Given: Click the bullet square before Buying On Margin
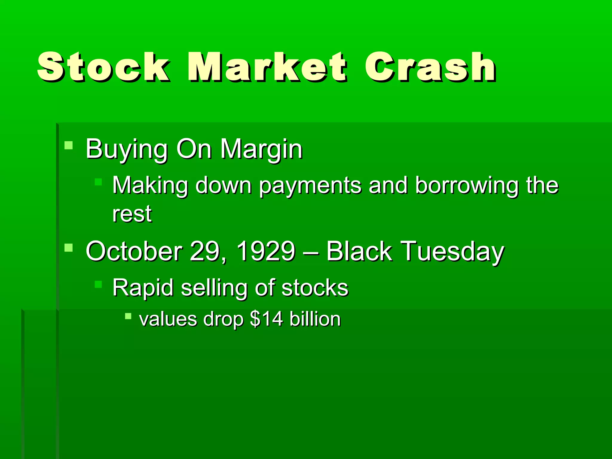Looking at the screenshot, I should pos(69,146).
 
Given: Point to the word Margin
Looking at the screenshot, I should pos(261,149).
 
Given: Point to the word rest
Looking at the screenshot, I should pos(132,214).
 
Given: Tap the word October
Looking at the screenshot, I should pos(134,251).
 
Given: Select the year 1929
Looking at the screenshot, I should pos(266,251).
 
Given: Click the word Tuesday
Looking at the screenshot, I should pos(452,251).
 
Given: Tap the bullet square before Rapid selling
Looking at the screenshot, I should pos(98,284).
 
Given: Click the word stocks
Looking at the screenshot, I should pos(315,288).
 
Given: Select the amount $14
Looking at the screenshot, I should pos(266,319).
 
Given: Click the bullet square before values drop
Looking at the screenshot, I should pos(128,316).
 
